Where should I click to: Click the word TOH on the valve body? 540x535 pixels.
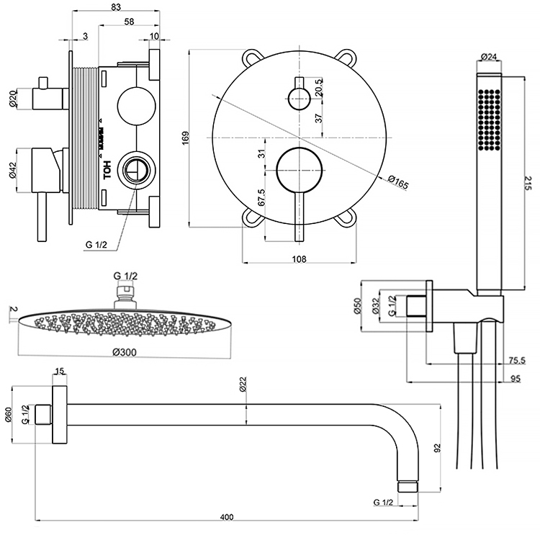(107, 171)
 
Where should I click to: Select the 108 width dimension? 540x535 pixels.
(300, 259)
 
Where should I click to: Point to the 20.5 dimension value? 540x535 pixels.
(318, 86)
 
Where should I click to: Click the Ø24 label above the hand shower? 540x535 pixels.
(490, 57)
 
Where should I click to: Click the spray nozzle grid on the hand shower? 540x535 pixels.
(489, 119)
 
